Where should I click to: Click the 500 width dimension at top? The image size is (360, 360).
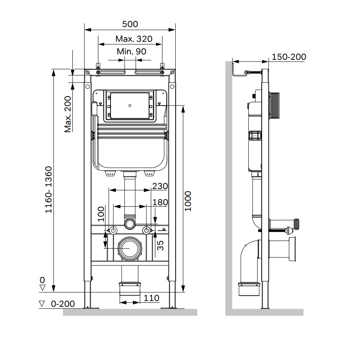pyautogui.click(x=130, y=24)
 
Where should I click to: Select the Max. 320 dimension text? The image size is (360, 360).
pyautogui.click(x=134, y=39)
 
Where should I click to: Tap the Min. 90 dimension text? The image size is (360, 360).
pyautogui.click(x=131, y=51)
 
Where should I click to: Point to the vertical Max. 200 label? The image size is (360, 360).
pyautogui.click(x=68, y=114)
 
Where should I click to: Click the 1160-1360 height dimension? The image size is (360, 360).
pyautogui.click(x=49, y=190)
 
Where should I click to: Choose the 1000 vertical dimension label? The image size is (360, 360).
pyautogui.click(x=188, y=201)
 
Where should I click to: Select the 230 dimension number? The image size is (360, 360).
pyautogui.click(x=160, y=186)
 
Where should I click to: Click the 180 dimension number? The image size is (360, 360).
pyautogui.click(x=160, y=202)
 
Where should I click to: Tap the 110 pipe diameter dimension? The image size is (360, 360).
pyautogui.click(x=152, y=298)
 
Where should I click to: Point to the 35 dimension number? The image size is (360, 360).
pyautogui.click(x=160, y=245)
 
